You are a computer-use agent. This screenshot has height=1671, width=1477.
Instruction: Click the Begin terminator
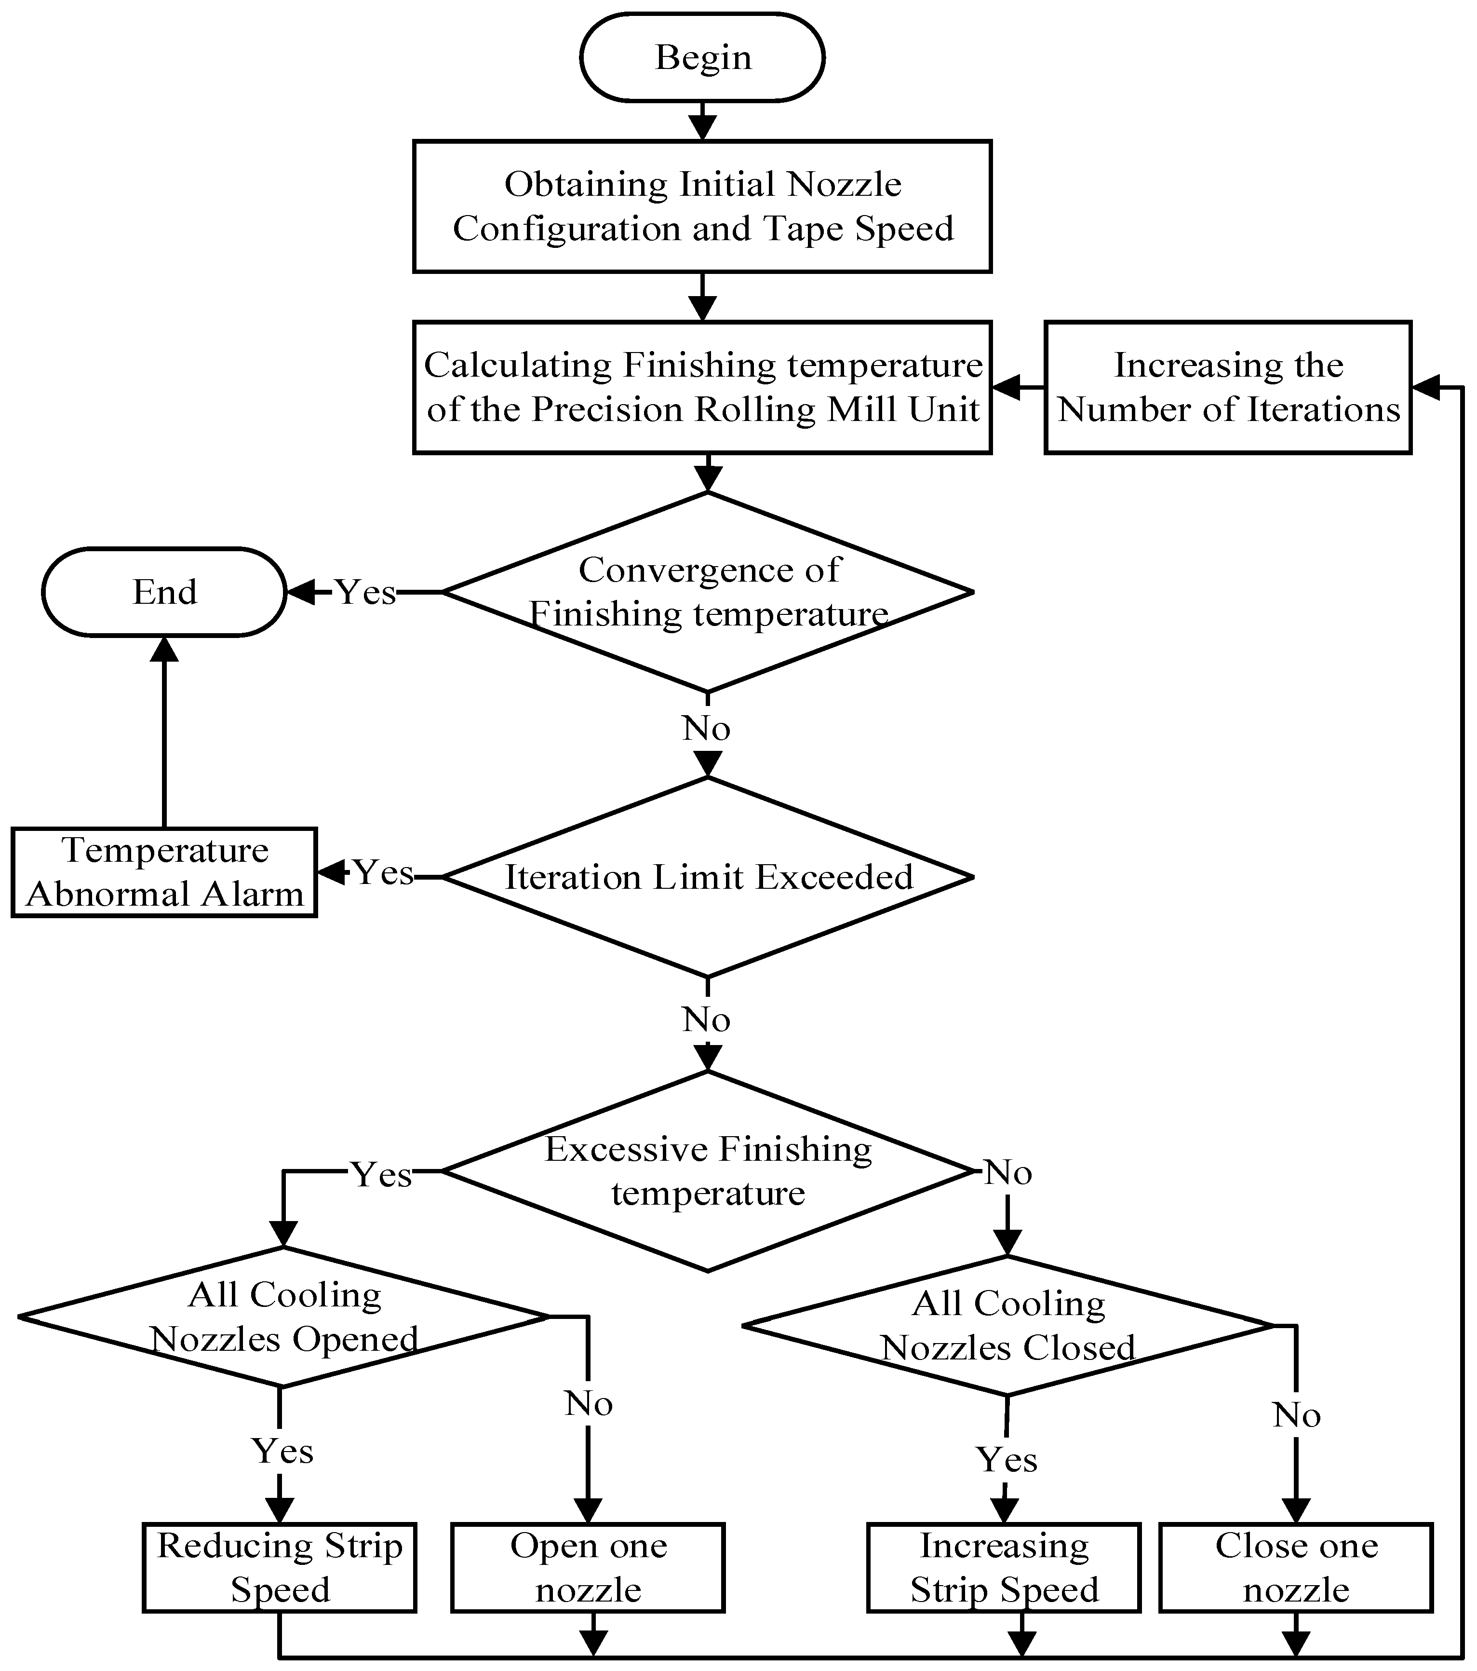point(702,57)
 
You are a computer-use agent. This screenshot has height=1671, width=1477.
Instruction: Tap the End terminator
point(164,592)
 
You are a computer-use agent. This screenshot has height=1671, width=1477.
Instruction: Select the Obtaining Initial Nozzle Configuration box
point(702,206)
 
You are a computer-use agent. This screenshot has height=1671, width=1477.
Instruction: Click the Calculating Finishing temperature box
point(702,387)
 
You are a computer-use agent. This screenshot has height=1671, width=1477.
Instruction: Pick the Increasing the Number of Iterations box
point(1228,387)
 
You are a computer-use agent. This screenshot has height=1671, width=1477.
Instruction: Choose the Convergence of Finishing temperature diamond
point(708,592)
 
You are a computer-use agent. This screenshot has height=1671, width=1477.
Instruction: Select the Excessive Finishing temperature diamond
point(708,1171)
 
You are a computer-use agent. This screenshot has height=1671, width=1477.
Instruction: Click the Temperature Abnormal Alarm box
point(164,872)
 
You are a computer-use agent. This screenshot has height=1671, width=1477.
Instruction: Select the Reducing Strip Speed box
point(280,1567)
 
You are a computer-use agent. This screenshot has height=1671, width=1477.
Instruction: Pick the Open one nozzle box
point(589,1567)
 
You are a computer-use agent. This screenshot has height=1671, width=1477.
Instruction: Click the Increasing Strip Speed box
point(1004,1567)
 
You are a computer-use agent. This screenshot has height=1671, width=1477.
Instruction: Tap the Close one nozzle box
point(1296,1567)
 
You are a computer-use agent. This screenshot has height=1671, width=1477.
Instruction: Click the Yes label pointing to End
point(365,592)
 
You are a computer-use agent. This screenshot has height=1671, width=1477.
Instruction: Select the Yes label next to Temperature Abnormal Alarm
point(383,872)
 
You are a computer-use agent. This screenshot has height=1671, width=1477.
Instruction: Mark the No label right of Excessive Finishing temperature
point(1008,1172)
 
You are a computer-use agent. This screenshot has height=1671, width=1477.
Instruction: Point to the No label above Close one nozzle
point(1296,1414)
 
